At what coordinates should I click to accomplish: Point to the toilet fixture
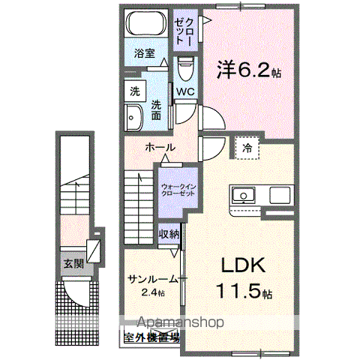pos(186,69)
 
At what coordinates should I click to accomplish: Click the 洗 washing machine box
pos(135,91)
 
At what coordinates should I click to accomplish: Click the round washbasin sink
pos(135,118)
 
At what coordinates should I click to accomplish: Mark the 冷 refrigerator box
pos(247,148)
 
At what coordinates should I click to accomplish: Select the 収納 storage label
pos(169,235)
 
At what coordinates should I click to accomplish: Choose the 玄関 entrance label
pos(73,263)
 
